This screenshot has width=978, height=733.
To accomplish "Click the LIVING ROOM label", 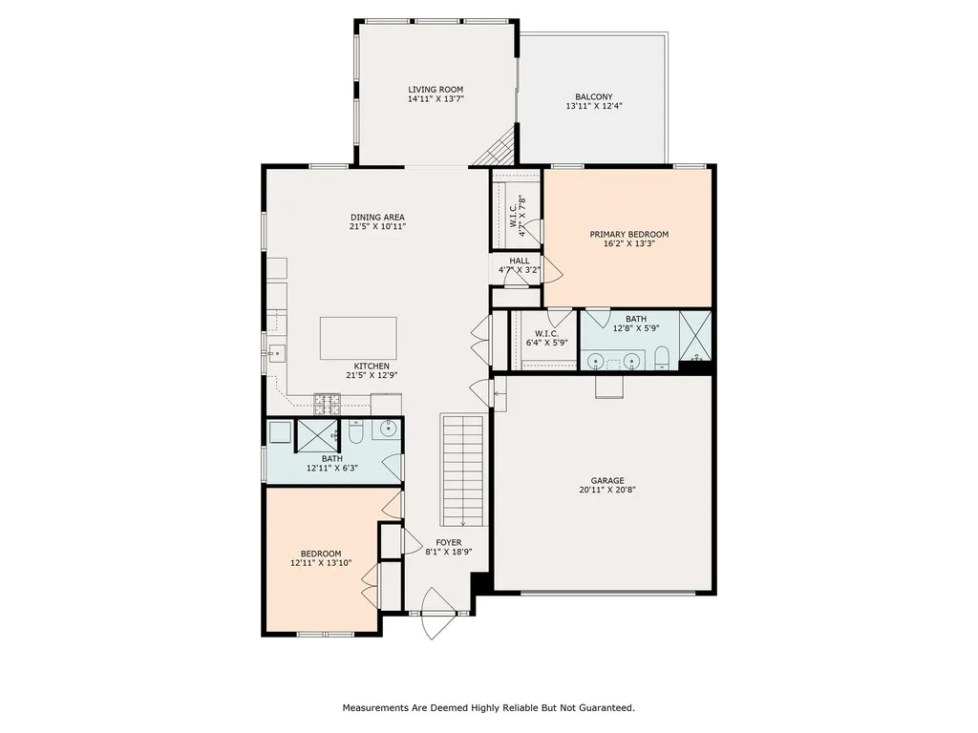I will pos(436,90).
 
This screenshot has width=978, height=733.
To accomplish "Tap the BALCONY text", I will pos(593,96).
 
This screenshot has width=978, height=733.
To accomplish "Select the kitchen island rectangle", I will pos(358,338).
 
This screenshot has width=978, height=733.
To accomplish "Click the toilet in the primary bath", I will pos(662,359).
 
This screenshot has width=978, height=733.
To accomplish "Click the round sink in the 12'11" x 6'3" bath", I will pos(389,429).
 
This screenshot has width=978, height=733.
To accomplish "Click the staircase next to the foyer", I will pos(464,470).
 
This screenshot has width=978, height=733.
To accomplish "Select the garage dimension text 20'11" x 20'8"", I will pos(606,490).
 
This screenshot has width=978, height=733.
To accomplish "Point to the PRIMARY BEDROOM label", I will pos(628,234).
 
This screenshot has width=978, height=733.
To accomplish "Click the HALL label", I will pos(519,261).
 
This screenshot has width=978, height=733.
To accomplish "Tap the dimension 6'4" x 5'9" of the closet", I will pos(547,342).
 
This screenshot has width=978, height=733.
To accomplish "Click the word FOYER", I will pos(449,542).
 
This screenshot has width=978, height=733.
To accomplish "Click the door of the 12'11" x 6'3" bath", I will pos(393,468).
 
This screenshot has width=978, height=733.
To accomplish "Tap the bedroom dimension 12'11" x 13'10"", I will pos(321,563).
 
